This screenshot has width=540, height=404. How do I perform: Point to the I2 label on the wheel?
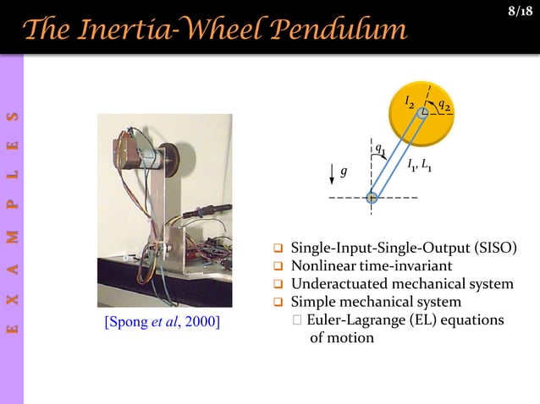[x=410, y=101]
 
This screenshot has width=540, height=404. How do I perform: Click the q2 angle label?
[x=444, y=104]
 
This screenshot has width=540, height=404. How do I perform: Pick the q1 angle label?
[x=381, y=151]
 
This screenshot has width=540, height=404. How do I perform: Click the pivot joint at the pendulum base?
[x=372, y=198]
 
